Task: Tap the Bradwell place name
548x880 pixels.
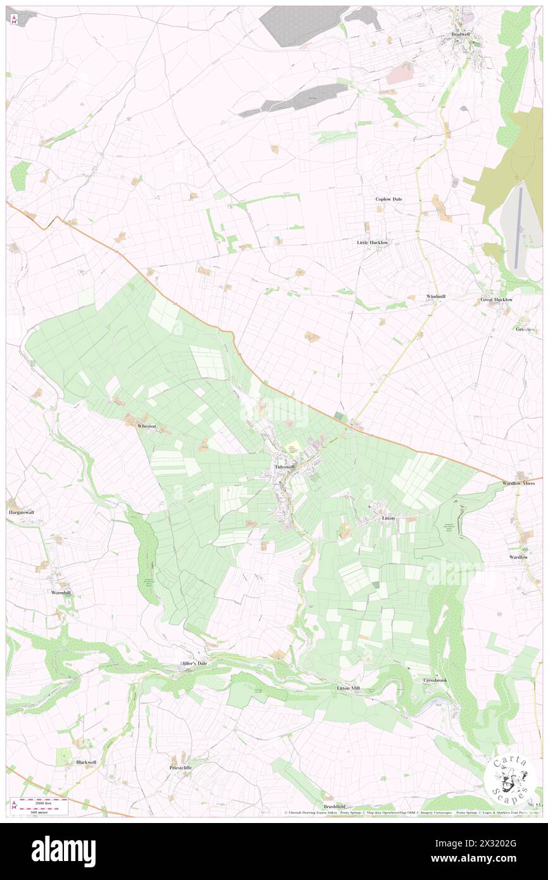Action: (x=460, y=34)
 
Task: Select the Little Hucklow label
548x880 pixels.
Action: (x=373, y=242)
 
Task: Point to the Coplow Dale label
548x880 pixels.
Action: (x=389, y=199)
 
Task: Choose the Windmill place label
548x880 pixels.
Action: (x=436, y=296)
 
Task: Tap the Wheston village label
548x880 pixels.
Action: (x=147, y=426)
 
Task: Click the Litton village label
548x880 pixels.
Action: (x=389, y=518)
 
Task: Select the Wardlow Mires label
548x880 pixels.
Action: (x=519, y=483)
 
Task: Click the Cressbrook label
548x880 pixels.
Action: (x=435, y=680)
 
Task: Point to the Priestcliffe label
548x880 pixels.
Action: (x=180, y=767)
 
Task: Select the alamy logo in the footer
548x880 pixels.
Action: (x=63, y=852)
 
